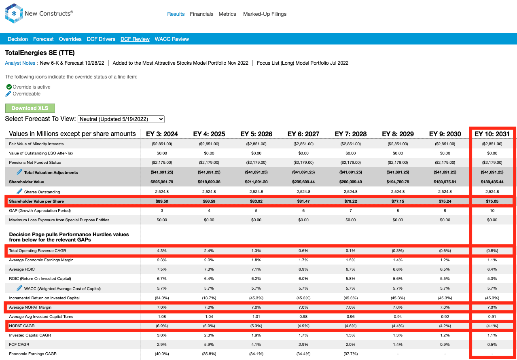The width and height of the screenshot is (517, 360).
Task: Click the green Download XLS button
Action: [30, 108]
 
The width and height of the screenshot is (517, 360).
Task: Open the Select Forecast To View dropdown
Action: [121, 119]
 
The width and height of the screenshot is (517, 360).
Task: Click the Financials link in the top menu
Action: [201, 14]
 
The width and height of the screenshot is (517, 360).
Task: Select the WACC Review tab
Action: [172, 39]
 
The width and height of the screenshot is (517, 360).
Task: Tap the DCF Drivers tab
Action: [101, 39]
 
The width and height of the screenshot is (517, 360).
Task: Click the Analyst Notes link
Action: [20, 63]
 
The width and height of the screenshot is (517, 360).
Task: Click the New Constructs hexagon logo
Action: [14, 13]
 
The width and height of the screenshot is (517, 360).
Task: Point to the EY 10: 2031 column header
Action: [492, 134]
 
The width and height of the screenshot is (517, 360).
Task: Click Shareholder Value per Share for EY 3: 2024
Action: [162, 201]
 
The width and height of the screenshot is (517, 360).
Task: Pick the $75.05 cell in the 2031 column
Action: [492, 201]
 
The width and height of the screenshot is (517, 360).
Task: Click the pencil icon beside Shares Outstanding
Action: [19, 191]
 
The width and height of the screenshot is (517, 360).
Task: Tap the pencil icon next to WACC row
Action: [19, 288]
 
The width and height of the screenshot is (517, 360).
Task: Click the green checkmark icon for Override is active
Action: [9, 87]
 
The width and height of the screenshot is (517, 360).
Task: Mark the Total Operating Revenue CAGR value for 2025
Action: [209, 251]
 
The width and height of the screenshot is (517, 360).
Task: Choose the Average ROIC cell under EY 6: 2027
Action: [303, 269]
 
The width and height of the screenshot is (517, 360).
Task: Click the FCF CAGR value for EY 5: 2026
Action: [256, 345]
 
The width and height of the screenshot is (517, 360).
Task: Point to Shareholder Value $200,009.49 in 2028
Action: [351, 182]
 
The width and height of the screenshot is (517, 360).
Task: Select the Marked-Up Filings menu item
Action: [265, 14]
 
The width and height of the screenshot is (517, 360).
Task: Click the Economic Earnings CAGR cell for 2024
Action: [162, 354]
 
